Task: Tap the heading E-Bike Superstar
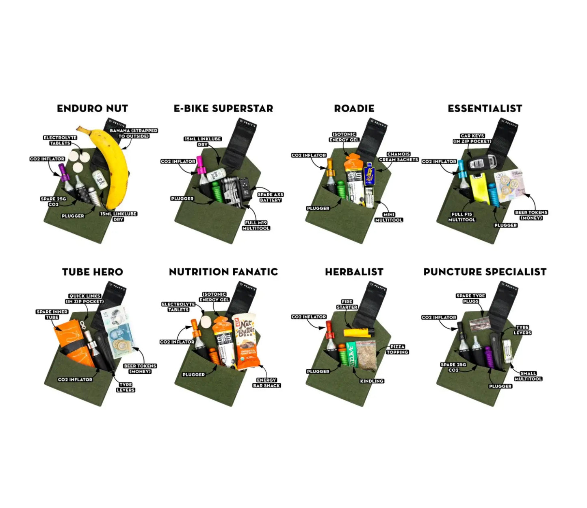[x=223, y=109]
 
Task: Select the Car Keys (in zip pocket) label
[x=472, y=139]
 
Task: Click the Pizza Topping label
[x=397, y=349]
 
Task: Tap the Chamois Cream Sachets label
[x=398, y=157]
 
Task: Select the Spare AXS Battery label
[x=270, y=197]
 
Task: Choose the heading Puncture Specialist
[x=485, y=272]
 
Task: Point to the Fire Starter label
[x=347, y=305]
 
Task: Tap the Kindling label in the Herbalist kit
[x=372, y=381]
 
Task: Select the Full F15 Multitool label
[x=461, y=217]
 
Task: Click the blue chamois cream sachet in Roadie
[x=369, y=174]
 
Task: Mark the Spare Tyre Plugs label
[x=470, y=299]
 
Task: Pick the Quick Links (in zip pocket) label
[x=84, y=299]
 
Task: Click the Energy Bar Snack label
[x=266, y=383]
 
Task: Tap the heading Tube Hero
[x=92, y=272]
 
